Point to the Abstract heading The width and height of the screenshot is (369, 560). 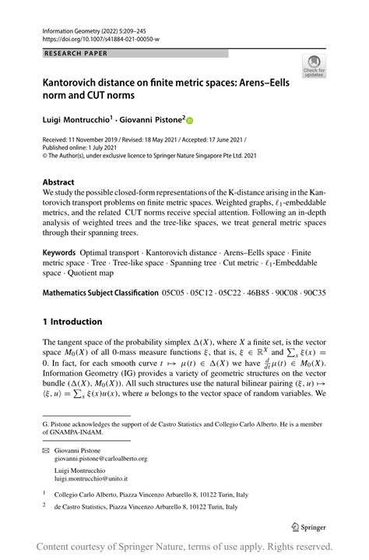[58, 181]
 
